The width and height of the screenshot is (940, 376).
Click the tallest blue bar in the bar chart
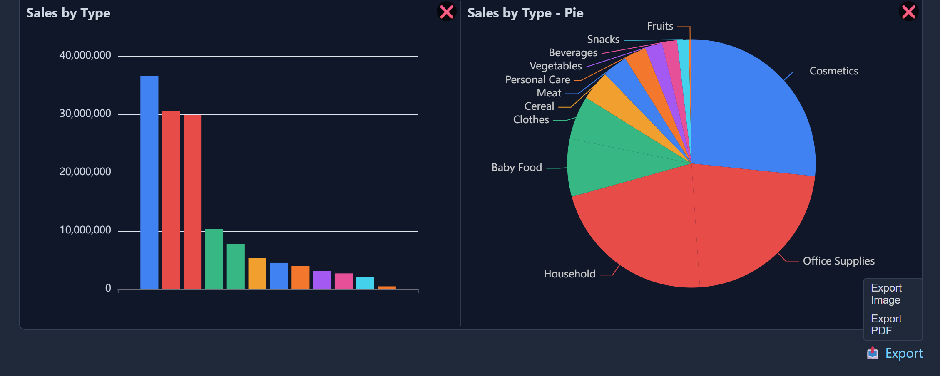(x=149, y=183)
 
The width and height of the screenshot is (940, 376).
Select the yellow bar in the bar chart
(x=257, y=274)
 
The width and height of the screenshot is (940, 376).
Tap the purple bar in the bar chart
(x=322, y=280)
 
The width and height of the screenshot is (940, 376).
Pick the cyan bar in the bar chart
(x=365, y=283)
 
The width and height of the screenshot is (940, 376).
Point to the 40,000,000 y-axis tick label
(x=85, y=55)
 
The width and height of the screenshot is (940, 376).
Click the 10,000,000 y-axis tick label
(x=85, y=230)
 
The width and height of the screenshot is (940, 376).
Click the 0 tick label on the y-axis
(x=108, y=288)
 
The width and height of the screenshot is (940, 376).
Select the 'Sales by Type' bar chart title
(x=68, y=13)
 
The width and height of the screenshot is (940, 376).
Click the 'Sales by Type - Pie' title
(x=525, y=13)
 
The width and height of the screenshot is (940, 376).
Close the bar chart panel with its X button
(x=447, y=12)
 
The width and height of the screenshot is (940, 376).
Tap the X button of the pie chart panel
(x=908, y=12)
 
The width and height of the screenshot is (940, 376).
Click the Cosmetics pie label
(x=833, y=71)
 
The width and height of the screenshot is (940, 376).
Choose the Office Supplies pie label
(x=838, y=261)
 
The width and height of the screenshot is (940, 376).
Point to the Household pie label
(x=569, y=274)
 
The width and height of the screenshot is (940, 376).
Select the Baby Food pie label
(x=517, y=168)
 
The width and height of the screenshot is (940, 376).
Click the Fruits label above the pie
(x=660, y=26)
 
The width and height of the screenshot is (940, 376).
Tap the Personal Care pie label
(x=537, y=80)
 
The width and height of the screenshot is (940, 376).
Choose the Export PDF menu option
(x=886, y=325)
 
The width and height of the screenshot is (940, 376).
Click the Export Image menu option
(x=886, y=294)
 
